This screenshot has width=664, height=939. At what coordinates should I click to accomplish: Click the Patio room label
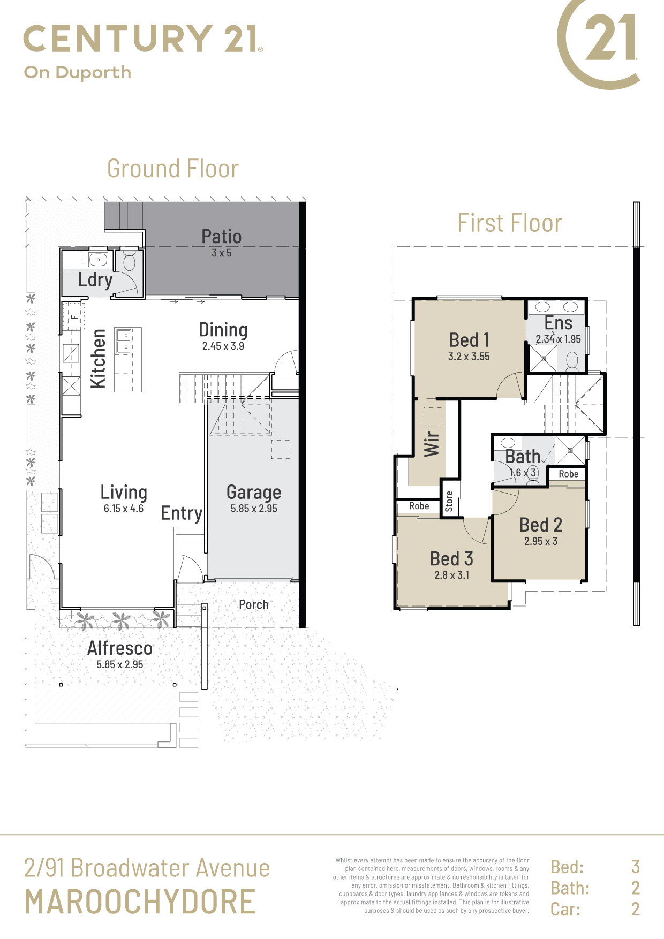(221, 237)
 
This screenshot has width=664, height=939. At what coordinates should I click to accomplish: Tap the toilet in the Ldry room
(129, 260)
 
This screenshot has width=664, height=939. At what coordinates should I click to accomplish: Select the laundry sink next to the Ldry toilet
(98, 260)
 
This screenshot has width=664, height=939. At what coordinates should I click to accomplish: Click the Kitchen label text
(98, 358)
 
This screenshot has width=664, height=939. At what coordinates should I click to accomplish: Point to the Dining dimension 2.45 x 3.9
(223, 346)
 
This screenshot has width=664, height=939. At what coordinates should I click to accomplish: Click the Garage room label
(254, 493)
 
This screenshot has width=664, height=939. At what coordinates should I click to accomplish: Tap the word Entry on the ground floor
(182, 513)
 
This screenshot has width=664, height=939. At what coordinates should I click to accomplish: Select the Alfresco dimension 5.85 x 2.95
(120, 664)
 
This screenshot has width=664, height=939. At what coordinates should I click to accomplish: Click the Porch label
(254, 604)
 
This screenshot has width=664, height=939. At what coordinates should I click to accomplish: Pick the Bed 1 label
(469, 340)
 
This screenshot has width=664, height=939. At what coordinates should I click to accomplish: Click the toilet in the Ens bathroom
(572, 361)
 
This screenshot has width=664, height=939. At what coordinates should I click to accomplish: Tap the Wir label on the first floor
(432, 444)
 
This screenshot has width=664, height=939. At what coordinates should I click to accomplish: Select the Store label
(449, 501)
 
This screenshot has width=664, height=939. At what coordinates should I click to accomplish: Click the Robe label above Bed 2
(569, 474)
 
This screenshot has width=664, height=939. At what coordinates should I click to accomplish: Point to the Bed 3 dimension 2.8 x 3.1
(452, 575)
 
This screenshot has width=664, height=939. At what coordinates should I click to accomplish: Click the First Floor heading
(510, 223)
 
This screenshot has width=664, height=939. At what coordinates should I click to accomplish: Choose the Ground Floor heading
(173, 169)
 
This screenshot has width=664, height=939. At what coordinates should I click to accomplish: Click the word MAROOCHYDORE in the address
(140, 902)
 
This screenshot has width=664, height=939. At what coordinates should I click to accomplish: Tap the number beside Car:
(636, 909)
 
